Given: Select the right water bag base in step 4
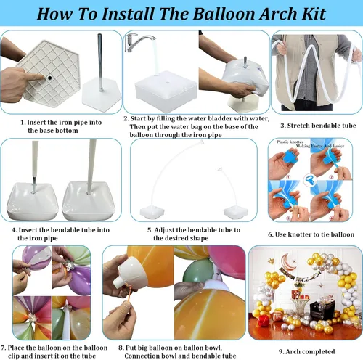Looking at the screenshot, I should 87,201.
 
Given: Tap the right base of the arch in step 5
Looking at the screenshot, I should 234,210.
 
